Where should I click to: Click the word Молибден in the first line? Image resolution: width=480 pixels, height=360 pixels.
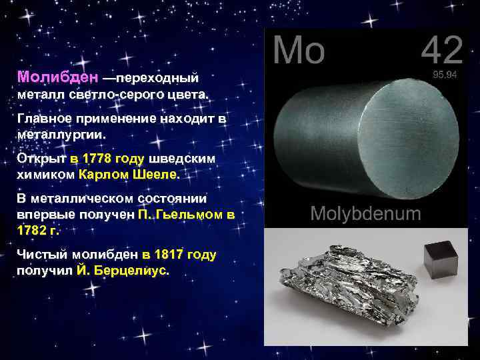coord(59,77)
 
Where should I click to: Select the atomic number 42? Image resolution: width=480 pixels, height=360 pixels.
coord(441,51)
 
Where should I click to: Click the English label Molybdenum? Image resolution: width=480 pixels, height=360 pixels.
coord(366,214)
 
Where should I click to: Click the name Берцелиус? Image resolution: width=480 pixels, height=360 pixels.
coord(133,271)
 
